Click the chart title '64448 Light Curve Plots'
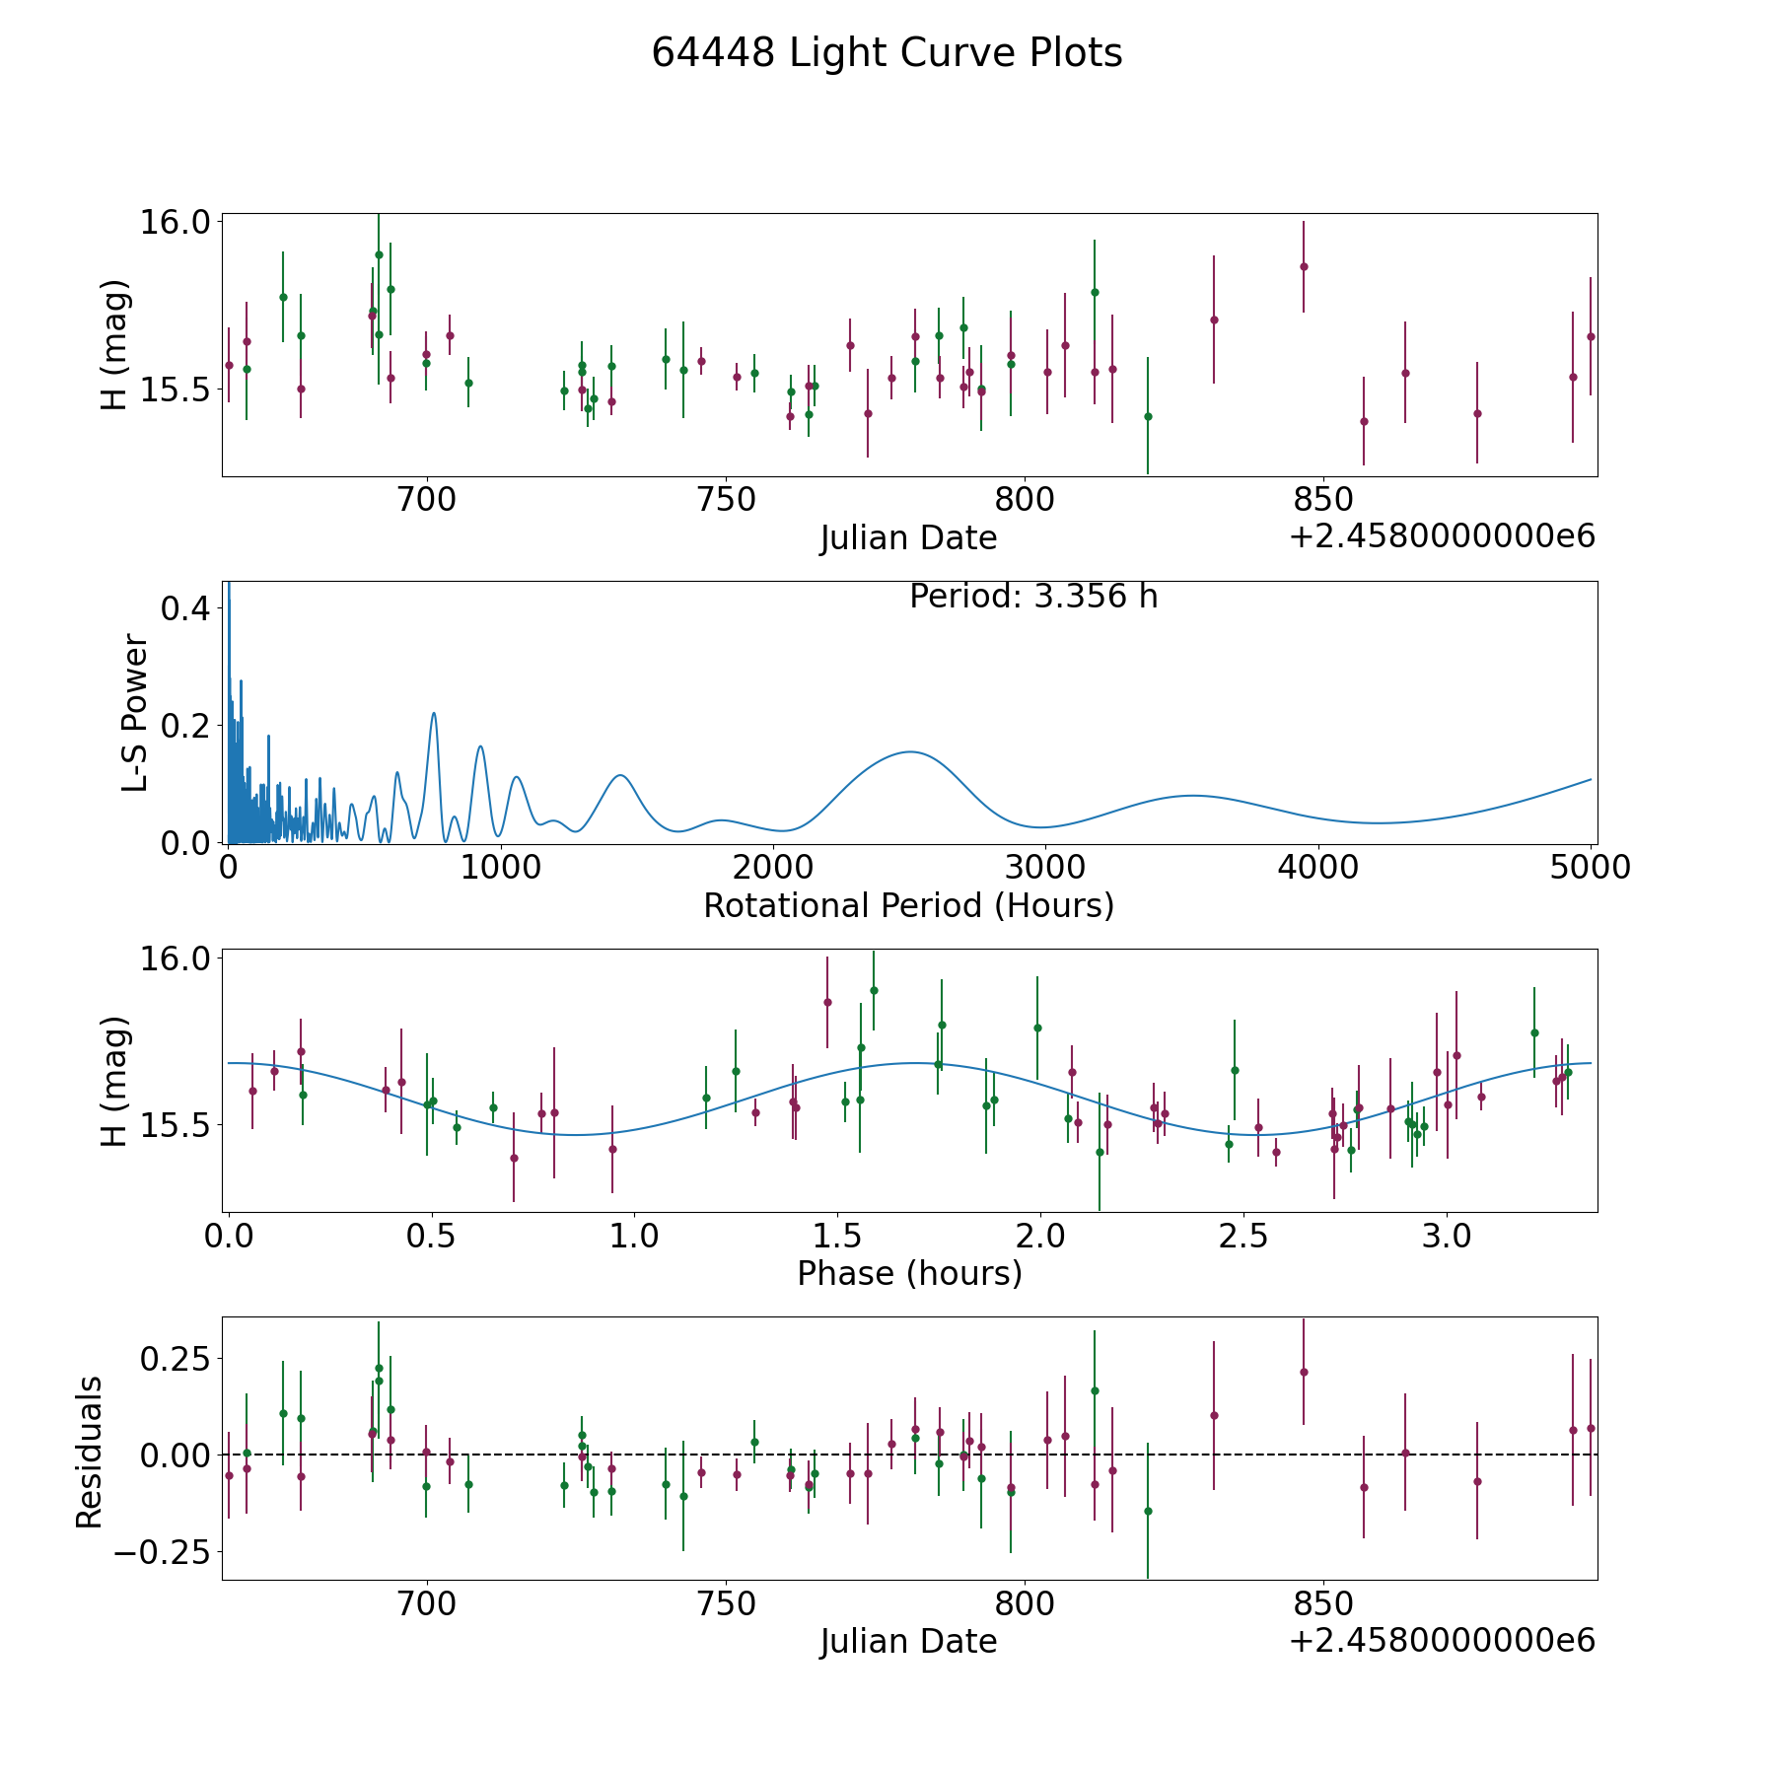[887, 53]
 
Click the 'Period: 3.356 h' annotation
[1032, 597]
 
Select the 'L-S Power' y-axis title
[135, 713]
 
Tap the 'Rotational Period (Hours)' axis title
[908, 905]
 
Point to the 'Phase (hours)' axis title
[908, 1273]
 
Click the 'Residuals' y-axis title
[90, 1452]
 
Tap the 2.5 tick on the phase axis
[1243, 1237]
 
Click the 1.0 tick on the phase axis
[634, 1237]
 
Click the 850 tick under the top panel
[1322, 501]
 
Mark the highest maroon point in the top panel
[1303, 266]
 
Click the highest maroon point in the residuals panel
[1303, 1372]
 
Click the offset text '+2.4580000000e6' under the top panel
[1442, 537]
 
